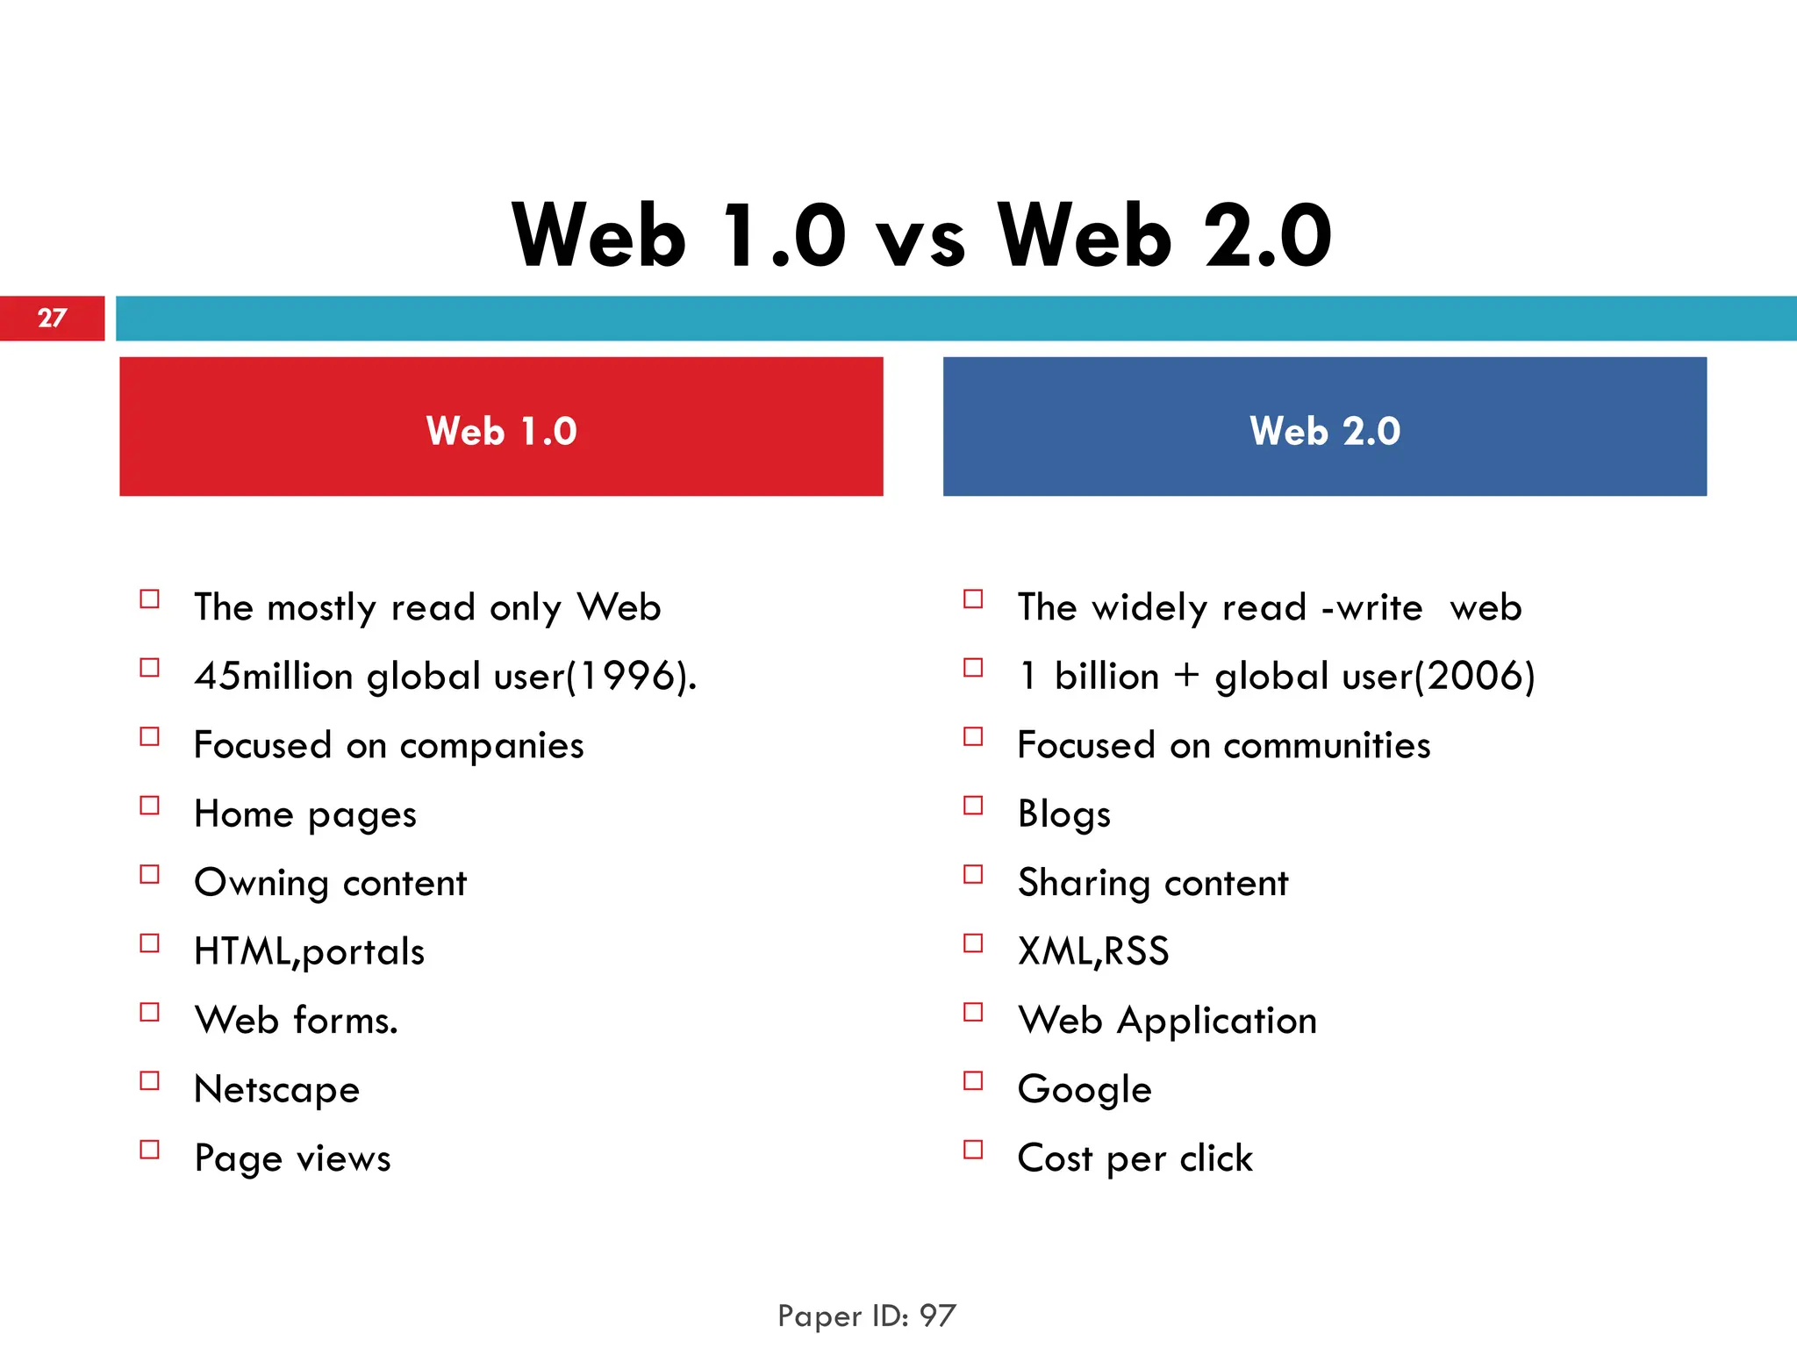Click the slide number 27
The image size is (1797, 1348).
click(x=52, y=318)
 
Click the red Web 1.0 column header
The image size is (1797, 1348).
click(x=501, y=427)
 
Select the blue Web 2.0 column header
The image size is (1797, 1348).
click(x=1324, y=427)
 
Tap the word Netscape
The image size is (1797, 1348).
click(x=277, y=1089)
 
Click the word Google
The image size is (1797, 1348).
click(x=1085, y=1089)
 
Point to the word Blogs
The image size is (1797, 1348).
click(x=1064, y=814)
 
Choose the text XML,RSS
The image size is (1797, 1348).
click(x=1093, y=951)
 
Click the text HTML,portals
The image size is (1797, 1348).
click(x=309, y=951)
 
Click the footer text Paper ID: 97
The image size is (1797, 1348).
click(x=867, y=1316)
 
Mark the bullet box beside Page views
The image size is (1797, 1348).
click(x=150, y=1150)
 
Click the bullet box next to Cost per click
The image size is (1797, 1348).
click(x=973, y=1150)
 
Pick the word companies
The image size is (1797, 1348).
click(x=491, y=746)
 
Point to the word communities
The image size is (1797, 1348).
click(x=1327, y=746)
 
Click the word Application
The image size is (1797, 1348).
click(x=1217, y=1021)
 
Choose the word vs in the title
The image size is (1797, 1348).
click(x=921, y=239)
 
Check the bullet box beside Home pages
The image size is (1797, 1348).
click(x=150, y=806)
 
